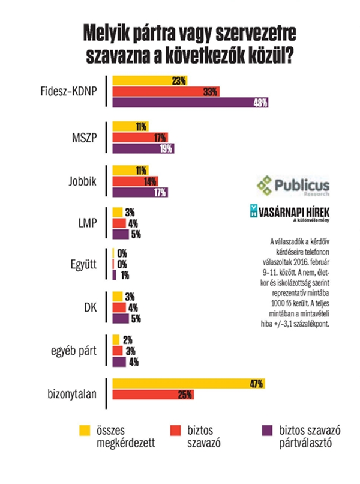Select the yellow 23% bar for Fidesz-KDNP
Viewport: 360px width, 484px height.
(150, 80)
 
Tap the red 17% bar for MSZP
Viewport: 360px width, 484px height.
(140, 137)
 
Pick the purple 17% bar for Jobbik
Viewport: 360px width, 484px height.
(140, 193)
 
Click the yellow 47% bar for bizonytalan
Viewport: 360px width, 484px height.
(188, 384)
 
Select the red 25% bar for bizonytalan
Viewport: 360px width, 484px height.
(152, 395)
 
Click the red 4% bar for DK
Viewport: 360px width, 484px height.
(121, 307)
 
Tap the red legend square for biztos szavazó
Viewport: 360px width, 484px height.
(175, 430)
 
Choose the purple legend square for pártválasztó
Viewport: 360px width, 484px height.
(264, 430)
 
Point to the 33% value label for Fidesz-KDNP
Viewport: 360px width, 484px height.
(210, 92)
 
